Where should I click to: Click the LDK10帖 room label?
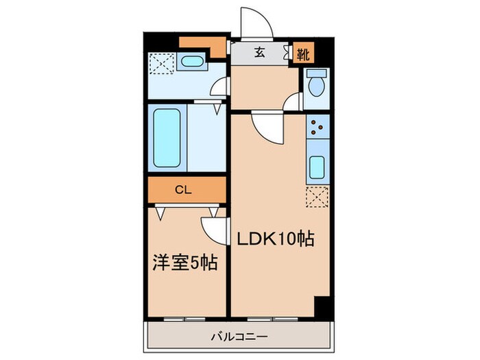point(276,239)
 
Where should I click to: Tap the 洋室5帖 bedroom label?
point(184,262)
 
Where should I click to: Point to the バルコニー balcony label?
point(239,337)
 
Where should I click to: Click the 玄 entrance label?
point(261,52)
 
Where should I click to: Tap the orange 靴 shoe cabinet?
point(302,53)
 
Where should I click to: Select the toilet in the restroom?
point(316,85)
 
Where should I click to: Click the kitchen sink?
point(318,166)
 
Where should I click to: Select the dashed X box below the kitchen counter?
point(318,197)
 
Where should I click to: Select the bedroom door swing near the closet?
point(214,228)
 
